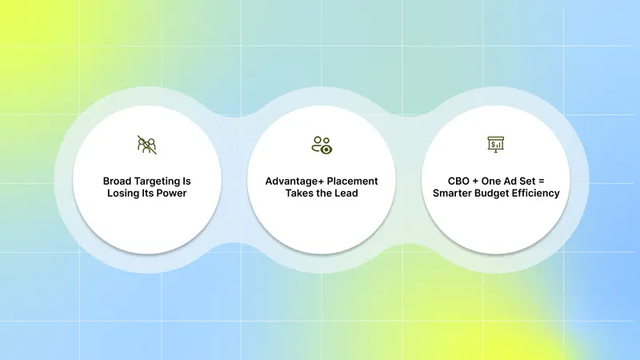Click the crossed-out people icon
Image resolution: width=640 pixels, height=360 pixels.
[147, 145]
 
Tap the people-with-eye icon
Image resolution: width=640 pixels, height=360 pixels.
[322, 145]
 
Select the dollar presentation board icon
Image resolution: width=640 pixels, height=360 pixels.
[496, 145]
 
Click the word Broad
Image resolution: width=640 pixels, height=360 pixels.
[118, 181]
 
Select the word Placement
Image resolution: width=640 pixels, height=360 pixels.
[352, 181]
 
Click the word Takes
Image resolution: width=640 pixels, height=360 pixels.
[297, 193]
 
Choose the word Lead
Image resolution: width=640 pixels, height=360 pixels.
[346, 193]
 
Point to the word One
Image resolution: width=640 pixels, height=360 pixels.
[490, 181]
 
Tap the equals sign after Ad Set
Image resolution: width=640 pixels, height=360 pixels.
[541, 182]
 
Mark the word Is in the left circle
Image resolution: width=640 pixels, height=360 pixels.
[186, 181]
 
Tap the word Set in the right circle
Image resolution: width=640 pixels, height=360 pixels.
[527, 181]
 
